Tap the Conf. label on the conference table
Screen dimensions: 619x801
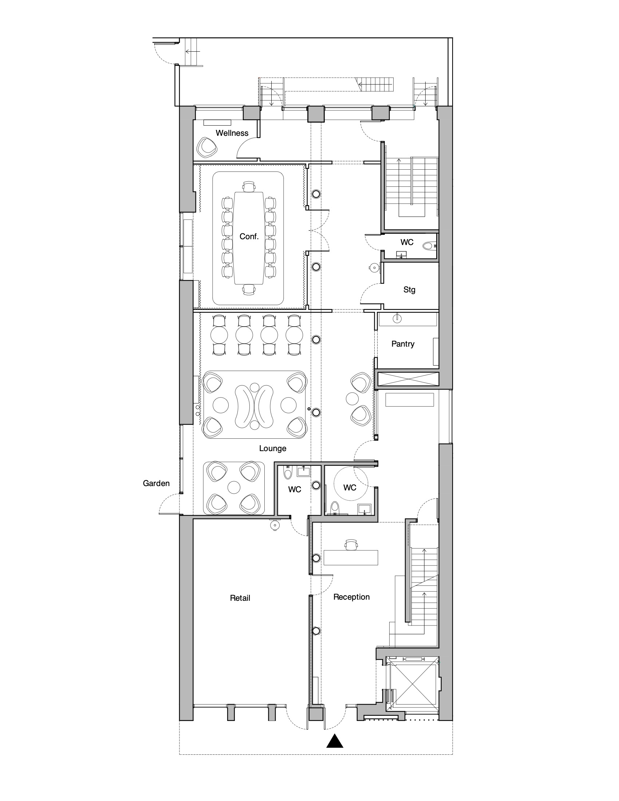click(x=249, y=237)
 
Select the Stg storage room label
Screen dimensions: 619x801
click(x=409, y=290)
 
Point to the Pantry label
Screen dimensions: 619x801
click(x=403, y=344)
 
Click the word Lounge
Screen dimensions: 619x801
click(x=272, y=448)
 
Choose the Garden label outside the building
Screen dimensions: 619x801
click(x=156, y=484)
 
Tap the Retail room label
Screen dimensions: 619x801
click(x=240, y=598)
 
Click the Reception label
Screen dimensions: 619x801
click(x=351, y=597)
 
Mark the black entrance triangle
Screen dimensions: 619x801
click(x=335, y=741)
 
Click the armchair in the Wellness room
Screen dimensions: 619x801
click(x=207, y=147)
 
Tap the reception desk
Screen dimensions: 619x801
click(x=351, y=557)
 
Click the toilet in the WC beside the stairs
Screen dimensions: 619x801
click(x=428, y=246)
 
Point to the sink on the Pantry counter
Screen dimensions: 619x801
click(x=397, y=317)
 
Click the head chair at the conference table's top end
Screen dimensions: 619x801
click(x=249, y=187)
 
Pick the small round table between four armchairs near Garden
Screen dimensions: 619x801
click(x=233, y=487)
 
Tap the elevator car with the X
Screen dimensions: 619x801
click(x=413, y=684)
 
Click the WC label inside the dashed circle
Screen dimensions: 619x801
click(x=350, y=488)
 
